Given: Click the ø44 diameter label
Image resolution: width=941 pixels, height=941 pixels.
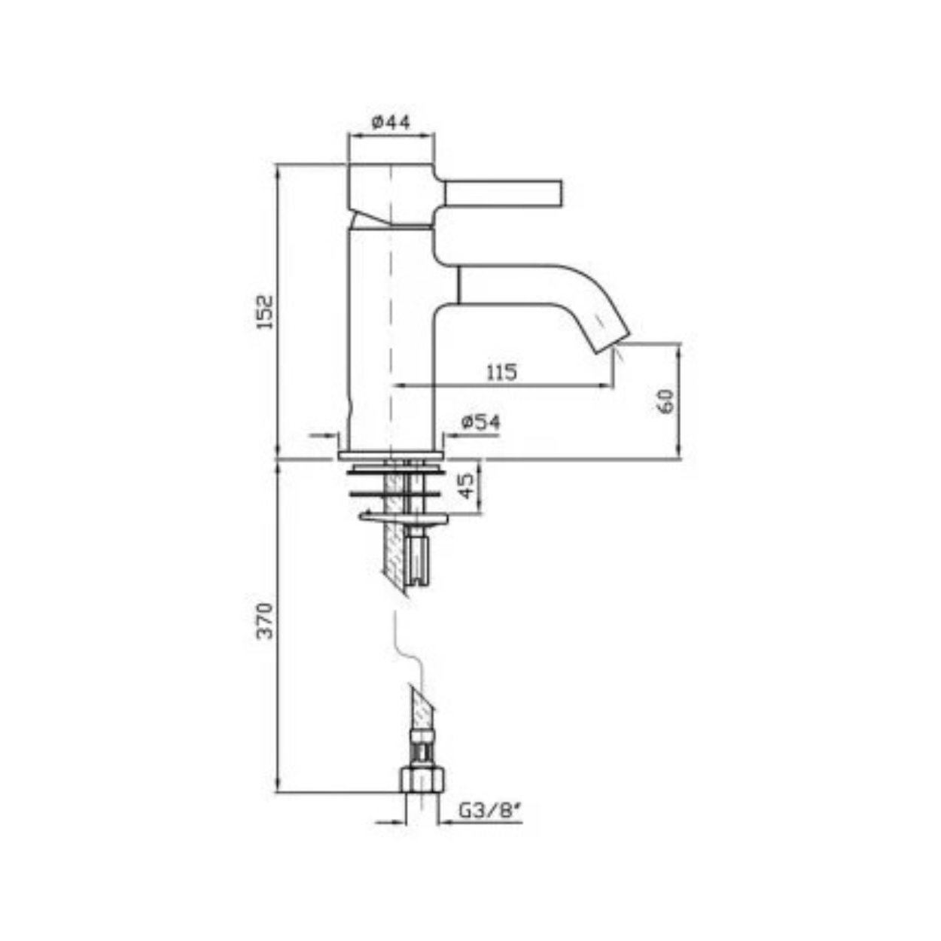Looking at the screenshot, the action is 391,122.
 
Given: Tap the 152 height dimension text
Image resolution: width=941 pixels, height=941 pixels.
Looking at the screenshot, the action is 266,312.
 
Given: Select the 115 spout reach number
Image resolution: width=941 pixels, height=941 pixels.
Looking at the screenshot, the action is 501,373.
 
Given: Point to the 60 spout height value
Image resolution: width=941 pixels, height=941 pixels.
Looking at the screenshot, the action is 666,400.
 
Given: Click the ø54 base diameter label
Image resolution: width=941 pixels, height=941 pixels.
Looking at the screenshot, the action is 481,422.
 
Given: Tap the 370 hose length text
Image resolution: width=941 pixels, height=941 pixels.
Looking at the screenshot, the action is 266,620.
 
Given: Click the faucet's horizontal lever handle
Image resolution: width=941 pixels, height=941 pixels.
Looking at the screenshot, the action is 503,193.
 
